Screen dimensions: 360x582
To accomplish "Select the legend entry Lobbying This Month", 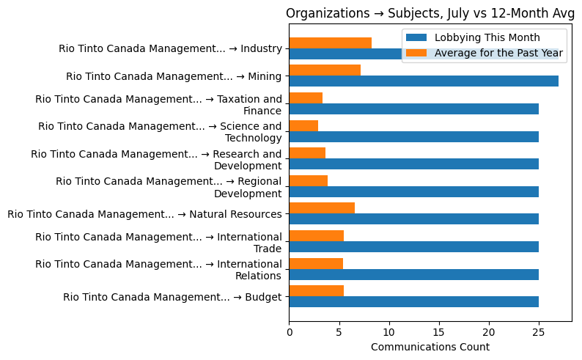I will tap(487, 38).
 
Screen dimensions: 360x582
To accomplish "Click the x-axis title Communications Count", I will tap(430, 347).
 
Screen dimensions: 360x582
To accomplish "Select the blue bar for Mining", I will tap(424, 81).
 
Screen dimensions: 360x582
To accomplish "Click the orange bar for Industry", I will tap(331, 43).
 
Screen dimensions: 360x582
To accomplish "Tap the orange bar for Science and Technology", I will tap(303, 125).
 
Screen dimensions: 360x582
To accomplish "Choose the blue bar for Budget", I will tap(414, 302).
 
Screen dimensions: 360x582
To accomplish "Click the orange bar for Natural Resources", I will tap(322, 208).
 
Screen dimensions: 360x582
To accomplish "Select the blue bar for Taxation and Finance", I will tap(414, 109).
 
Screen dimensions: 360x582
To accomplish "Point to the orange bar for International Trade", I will tap(317, 235).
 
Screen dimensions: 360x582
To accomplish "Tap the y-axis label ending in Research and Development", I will tap(156, 160).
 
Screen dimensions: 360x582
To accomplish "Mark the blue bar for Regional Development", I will tap(414, 192).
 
